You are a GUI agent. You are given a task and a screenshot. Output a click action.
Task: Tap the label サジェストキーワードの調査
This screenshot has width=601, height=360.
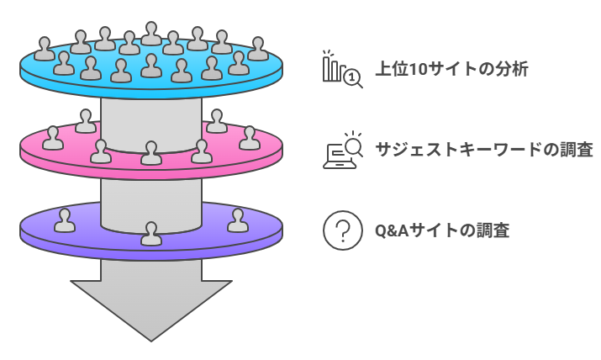483,151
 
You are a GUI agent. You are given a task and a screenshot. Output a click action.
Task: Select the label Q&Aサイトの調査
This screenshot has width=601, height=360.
441,230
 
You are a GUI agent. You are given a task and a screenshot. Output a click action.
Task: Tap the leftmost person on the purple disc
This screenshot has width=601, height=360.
65,220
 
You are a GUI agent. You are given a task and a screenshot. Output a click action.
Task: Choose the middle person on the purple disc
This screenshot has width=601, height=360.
151,234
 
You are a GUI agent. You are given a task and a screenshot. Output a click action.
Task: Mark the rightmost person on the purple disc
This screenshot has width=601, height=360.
238,220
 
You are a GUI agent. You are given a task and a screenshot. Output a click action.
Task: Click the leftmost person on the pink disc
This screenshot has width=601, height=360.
53,139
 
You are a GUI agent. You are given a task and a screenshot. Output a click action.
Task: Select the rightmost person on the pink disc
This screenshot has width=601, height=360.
250,139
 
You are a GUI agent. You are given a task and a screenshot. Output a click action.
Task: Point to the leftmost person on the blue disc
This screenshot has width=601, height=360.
44,50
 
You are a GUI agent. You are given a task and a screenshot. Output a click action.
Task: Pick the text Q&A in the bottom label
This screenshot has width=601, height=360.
388,230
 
